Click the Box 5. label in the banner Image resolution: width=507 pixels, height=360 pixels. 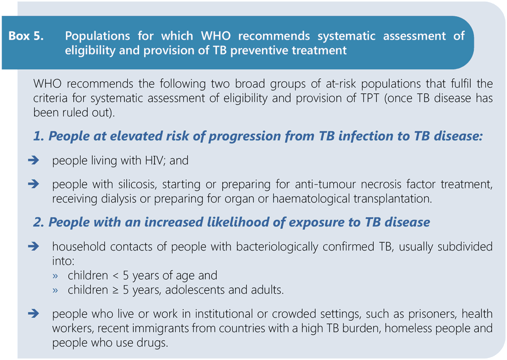(26, 36)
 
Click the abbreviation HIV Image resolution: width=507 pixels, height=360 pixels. (155, 160)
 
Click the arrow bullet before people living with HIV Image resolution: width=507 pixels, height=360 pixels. (34, 160)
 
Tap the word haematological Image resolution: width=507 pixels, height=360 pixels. (311, 199)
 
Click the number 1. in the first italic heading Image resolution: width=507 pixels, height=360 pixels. (39, 136)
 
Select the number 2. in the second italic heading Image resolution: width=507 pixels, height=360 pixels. (39, 222)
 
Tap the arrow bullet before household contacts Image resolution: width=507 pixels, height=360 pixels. (34, 247)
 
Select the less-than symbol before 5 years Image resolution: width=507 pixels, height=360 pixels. (116, 276)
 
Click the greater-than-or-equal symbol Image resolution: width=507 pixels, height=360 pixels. (116, 290)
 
